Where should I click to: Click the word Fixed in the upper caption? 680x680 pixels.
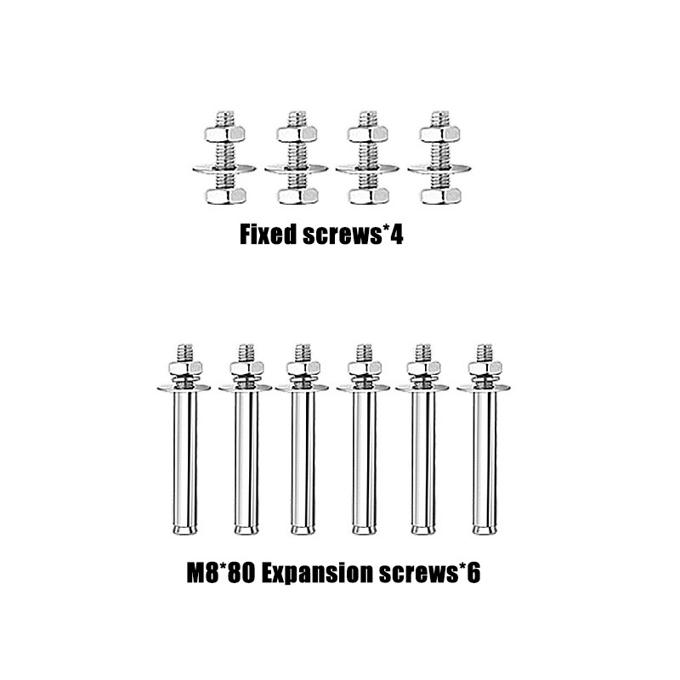267,235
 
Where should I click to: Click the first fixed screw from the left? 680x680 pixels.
224,157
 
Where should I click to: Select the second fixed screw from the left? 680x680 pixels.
296,157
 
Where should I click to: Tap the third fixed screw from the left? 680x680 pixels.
367,157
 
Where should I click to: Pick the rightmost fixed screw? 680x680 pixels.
439,157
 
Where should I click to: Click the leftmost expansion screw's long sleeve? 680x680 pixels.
185,459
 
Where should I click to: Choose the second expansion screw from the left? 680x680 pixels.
246,442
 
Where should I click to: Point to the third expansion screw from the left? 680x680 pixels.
303,442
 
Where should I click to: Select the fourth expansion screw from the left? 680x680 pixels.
364,442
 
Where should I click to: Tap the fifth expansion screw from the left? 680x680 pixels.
422,442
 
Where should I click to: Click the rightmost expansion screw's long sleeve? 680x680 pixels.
484,459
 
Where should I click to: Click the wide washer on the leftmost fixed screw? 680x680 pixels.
224,168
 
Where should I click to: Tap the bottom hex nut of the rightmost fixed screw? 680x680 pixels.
439,195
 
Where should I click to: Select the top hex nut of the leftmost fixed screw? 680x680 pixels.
224,133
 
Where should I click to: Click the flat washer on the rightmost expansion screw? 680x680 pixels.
484,388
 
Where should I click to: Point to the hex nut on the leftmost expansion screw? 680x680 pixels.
185,368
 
